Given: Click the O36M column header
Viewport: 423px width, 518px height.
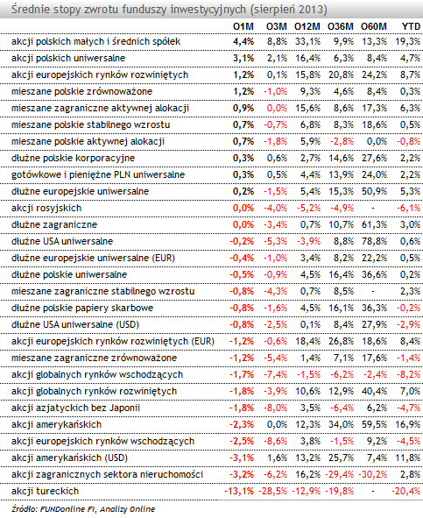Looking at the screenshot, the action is click(341, 26).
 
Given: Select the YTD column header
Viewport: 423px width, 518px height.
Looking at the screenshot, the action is click(411, 26).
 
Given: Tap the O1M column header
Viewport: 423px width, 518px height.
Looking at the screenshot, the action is click(243, 26).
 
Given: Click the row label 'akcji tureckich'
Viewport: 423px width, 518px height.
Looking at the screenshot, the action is click(46, 491).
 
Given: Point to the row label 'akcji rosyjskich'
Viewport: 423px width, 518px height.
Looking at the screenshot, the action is click(46, 208).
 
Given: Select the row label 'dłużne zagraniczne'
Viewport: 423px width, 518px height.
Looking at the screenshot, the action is click(54, 224).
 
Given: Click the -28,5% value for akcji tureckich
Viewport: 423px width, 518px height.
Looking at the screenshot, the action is click(272, 491).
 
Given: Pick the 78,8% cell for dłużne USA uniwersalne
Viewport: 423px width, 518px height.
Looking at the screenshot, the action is click(374, 241).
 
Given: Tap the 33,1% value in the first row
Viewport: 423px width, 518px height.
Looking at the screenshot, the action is click(307, 41).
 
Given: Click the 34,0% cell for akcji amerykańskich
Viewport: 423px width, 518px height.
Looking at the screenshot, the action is click(341, 424).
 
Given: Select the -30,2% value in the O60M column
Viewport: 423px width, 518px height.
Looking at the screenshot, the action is click(372, 474).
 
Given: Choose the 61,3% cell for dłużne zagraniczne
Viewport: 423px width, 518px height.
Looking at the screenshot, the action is click(374, 224).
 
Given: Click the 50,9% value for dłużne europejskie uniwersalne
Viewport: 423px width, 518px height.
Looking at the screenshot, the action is click(374, 191).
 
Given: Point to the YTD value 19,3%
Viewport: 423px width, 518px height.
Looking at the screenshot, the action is click(408, 41).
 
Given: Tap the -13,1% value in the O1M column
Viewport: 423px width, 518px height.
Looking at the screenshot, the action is click(239, 491).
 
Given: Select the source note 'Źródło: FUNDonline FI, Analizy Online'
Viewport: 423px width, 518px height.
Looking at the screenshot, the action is click(83, 509).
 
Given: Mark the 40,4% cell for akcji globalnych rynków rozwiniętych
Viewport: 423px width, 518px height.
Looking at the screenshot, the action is click(374, 391).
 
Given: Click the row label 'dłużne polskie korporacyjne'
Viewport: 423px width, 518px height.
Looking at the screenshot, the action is click(73, 158).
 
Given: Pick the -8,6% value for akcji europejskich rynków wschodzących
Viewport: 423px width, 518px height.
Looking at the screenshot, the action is click(275, 441).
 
